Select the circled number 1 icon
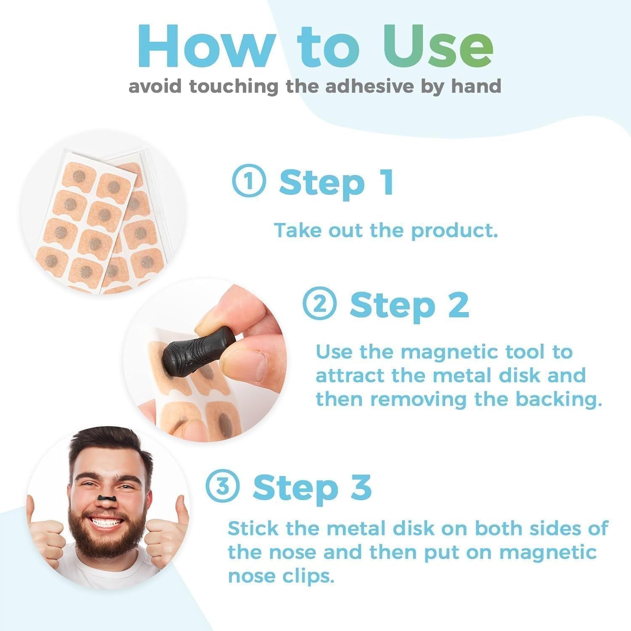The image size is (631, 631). tap(249, 182)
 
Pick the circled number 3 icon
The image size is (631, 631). tap(223, 487)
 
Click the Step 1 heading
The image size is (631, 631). tap(337, 182)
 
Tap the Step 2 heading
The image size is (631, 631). tap(409, 305)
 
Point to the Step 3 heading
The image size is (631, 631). tap(312, 488)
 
